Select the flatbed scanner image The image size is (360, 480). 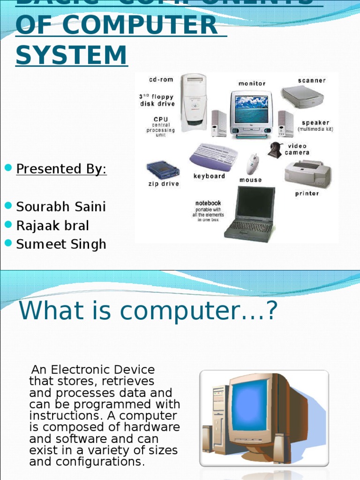tap(302, 97)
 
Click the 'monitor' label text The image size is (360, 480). tap(252, 83)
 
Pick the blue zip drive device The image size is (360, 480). tap(163, 170)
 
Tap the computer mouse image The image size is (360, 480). tap(253, 164)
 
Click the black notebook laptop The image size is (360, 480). tap(250, 213)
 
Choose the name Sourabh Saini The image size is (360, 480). tap(61, 206)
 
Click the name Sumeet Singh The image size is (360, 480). tap(61, 244)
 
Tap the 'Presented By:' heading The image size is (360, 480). tap(61, 169)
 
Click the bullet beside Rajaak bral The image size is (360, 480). tap(7, 225)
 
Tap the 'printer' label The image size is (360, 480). tap(307, 194)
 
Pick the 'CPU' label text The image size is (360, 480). tap(161, 120)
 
